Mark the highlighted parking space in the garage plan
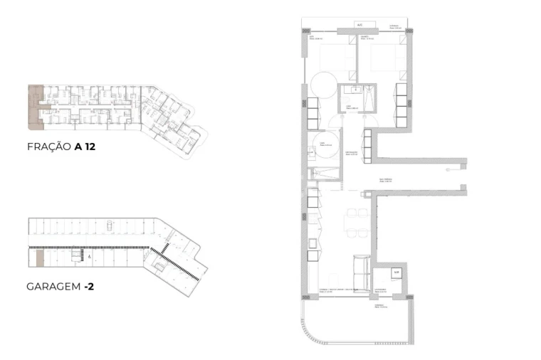tap(41, 258)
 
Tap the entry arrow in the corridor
tap(446, 170)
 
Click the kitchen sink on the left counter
tap(313, 245)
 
